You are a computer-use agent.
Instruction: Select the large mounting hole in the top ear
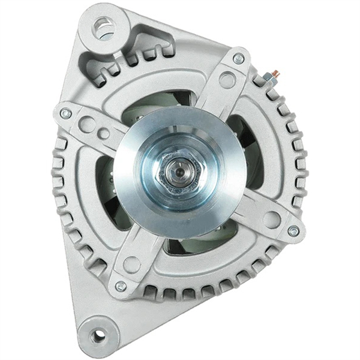104,26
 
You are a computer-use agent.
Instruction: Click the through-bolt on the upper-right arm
239,58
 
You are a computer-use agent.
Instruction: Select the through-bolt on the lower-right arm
293,230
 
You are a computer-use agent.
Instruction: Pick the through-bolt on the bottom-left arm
121,286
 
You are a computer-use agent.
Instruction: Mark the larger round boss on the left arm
88,125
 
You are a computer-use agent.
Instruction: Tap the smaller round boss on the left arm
104,133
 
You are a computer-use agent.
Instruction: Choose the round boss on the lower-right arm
271,220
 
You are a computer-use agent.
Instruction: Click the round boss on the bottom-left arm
132,264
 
